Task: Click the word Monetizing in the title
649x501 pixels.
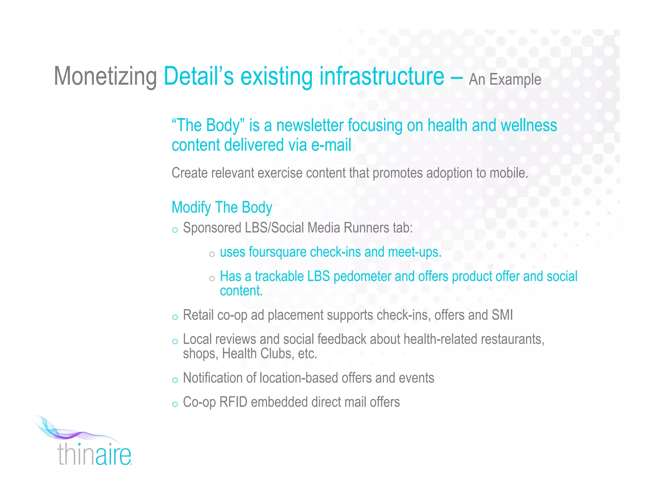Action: [x=105, y=77]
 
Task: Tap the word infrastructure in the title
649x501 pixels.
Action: [x=382, y=77]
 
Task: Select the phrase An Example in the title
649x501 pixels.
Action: [x=505, y=79]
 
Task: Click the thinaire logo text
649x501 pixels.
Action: [x=94, y=454]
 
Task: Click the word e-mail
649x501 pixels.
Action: [x=331, y=145]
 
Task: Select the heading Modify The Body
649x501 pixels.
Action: [x=222, y=207]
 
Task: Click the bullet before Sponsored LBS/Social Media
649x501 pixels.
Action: [x=175, y=230]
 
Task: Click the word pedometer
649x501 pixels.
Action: [x=362, y=276]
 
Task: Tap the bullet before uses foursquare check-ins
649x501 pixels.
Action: [x=212, y=254]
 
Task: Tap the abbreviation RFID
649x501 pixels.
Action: [x=233, y=402]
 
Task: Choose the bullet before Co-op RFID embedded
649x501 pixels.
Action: [x=175, y=404]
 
